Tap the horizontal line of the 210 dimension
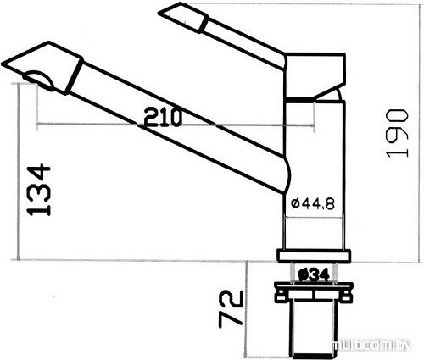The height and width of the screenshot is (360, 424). [x=102, y=127]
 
